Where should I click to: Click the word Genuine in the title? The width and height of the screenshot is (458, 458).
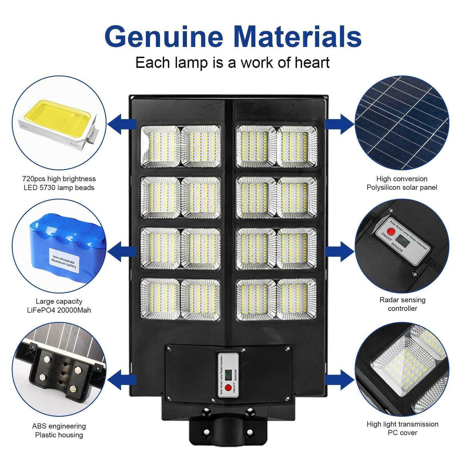(x=164, y=37)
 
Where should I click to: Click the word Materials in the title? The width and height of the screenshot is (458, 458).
(x=297, y=37)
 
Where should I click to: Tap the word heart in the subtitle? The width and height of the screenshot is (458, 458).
(x=312, y=62)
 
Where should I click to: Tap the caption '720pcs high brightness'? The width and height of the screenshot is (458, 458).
(x=59, y=179)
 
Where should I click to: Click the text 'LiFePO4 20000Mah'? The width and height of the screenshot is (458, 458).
(x=59, y=310)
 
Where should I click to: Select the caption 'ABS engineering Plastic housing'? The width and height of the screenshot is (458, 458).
(x=59, y=430)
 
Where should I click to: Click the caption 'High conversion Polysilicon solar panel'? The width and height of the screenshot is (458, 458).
(x=402, y=183)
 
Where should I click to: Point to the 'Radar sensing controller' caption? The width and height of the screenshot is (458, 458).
(x=403, y=304)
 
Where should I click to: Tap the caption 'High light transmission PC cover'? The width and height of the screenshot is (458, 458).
(x=403, y=428)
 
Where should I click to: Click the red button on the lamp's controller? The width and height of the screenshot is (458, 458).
(x=228, y=387)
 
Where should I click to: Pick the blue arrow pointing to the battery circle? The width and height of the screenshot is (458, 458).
(x=122, y=252)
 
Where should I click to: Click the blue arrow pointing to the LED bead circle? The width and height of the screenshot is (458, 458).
(x=122, y=124)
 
